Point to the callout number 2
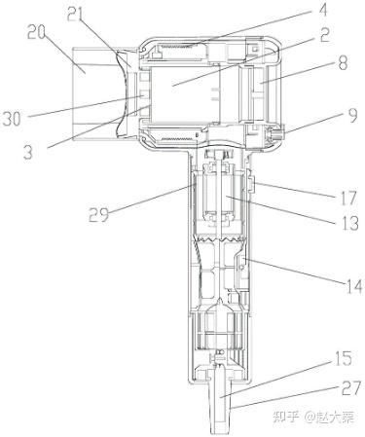(x=324, y=35)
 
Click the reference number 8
(x=343, y=62)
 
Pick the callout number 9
(x=351, y=115)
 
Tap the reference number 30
(x=12, y=119)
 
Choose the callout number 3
(x=28, y=152)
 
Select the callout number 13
(x=349, y=223)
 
